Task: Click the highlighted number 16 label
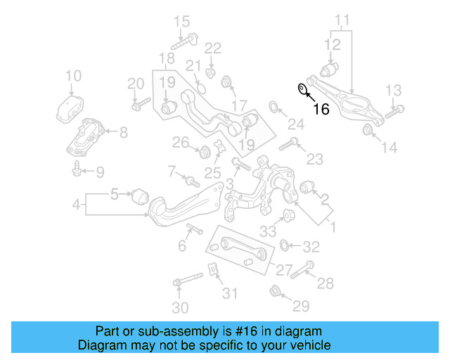[321, 109]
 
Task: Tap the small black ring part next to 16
[302, 89]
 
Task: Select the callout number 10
[73, 76]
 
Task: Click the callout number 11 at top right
[342, 20]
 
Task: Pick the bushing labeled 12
[329, 70]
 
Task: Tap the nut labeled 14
[367, 129]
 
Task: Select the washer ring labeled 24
[274, 107]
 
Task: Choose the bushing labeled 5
[141, 194]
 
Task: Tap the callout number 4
[77, 206]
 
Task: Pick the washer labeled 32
[285, 245]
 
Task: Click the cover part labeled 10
[71, 110]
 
